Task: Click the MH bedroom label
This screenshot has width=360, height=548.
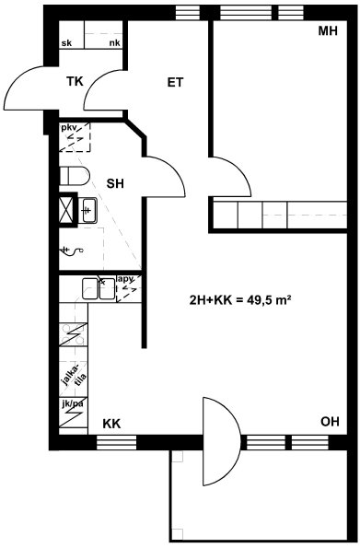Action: pos(328,31)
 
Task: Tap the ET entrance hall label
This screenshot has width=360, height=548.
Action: pos(175,83)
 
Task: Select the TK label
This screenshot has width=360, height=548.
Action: pos(75,81)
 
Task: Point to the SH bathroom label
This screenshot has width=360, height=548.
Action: pos(115,183)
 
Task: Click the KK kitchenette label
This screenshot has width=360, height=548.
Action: pos(111,424)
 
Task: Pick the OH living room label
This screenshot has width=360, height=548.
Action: pos(330,422)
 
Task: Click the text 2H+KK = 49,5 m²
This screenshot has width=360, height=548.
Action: pos(240,300)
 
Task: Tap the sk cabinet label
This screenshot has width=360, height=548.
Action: pos(66,43)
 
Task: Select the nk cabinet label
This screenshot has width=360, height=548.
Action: pos(115,43)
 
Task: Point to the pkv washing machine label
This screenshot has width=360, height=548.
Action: pos(69,128)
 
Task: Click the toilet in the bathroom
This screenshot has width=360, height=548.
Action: pos(75,176)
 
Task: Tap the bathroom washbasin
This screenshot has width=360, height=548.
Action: pos(87,210)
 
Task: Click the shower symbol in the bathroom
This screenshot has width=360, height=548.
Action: pos(73,251)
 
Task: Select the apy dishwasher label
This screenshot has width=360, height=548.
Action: pos(126,279)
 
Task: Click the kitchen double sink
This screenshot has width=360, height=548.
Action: pos(99,288)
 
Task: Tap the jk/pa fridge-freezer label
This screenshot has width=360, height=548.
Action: pos(73,404)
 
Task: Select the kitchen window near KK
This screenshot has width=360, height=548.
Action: pos(116,442)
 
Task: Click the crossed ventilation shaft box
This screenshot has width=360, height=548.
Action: pos(66,210)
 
